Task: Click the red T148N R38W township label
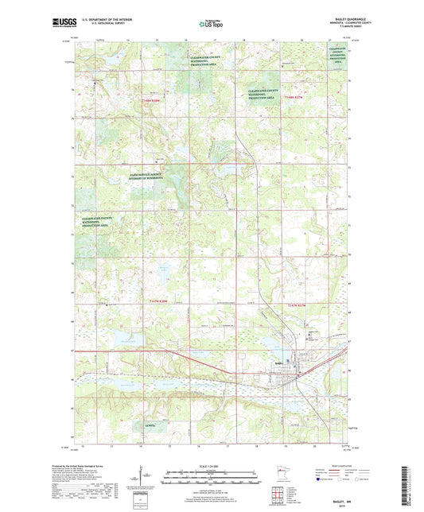point(150,101)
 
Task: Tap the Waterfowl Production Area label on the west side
point(102,222)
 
